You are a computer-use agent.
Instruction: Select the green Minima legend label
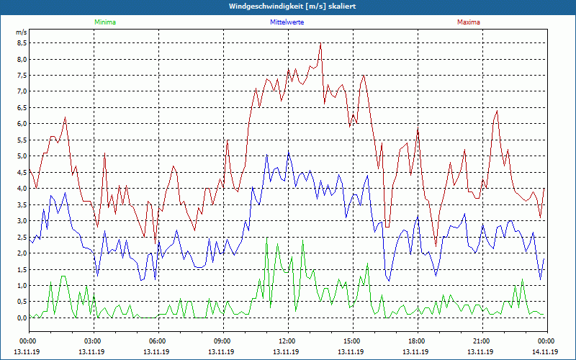pyautogui.click(x=104, y=22)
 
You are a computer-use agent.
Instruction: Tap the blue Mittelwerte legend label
pyautogui.click(x=287, y=22)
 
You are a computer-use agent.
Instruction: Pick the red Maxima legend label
pyautogui.click(x=469, y=22)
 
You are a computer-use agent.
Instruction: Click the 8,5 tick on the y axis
pyautogui.click(x=22, y=42)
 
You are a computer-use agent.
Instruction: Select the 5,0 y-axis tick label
pyautogui.click(x=22, y=156)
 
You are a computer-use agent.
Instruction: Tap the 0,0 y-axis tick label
pyautogui.click(x=22, y=318)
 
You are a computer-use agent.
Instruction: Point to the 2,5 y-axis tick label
pyautogui.click(x=22, y=237)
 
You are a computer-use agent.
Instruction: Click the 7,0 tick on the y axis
pyautogui.click(x=22, y=91)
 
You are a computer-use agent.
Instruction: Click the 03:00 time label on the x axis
pyautogui.click(x=93, y=341)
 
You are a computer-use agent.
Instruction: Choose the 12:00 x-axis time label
pyautogui.click(x=287, y=341)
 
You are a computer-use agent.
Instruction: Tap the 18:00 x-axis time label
pyautogui.click(x=417, y=341)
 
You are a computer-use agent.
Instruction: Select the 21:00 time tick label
pyautogui.click(x=482, y=341)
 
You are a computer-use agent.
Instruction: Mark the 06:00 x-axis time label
pyautogui.click(x=158, y=341)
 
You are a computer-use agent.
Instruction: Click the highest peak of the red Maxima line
pyautogui.click(x=320, y=44)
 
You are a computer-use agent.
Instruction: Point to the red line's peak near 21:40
pyautogui.click(x=497, y=110)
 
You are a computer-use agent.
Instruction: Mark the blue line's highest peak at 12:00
pyautogui.click(x=288, y=150)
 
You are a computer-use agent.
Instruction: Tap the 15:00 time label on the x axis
pyautogui.click(x=352, y=341)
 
